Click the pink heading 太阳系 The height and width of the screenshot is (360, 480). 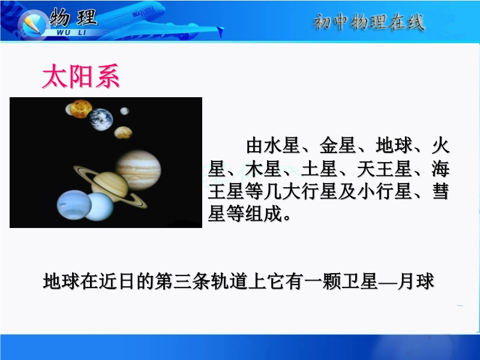pos(81,76)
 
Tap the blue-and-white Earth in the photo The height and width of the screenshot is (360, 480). pos(101,119)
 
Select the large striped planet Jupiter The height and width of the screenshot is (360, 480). pos(139,170)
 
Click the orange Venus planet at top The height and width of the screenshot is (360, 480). pos(80,109)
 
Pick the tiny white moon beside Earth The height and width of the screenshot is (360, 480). pos(125,111)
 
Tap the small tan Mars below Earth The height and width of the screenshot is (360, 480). pos(123,133)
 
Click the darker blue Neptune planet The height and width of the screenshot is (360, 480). pos(74,204)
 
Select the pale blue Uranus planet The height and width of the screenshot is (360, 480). pos(98,207)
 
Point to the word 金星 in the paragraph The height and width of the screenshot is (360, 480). pos(338,145)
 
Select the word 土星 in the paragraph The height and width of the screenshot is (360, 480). pos(319,169)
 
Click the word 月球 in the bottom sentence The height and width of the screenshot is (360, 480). pos(416,281)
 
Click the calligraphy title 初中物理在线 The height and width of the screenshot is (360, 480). pos(369,22)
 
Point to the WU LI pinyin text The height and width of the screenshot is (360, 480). pos(71,32)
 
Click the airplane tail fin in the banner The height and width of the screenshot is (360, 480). pos(220,32)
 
